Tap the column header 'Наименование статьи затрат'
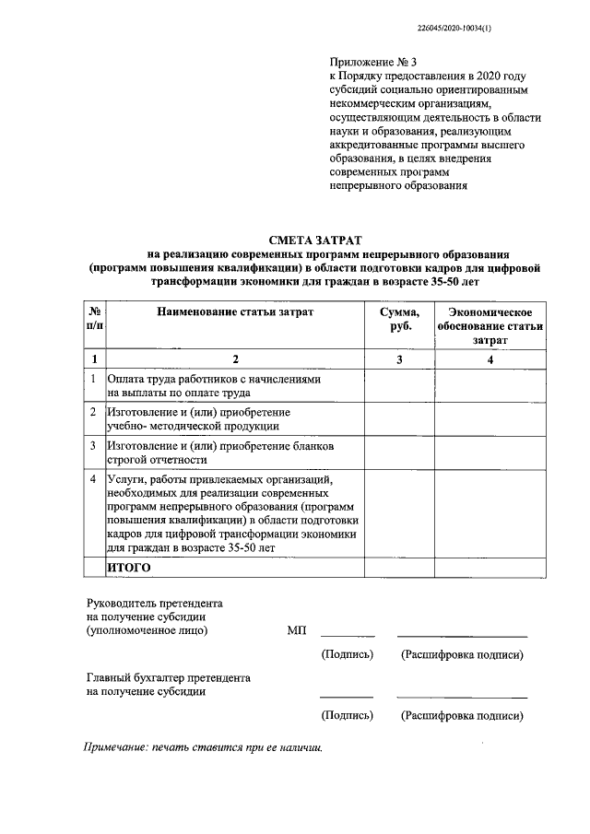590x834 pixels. click(x=235, y=311)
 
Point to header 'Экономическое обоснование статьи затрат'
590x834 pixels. click(x=490, y=325)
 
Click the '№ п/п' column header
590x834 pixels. click(x=95, y=319)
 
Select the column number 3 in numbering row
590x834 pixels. click(x=399, y=358)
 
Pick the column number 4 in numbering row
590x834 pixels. click(x=490, y=358)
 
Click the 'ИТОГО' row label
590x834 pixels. click(x=129, y=568)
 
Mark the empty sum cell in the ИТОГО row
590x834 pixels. click(x=399, y=568)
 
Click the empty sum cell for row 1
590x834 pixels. click(x=399, y=386)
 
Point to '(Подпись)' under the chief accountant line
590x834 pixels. click(x=347, y=715)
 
